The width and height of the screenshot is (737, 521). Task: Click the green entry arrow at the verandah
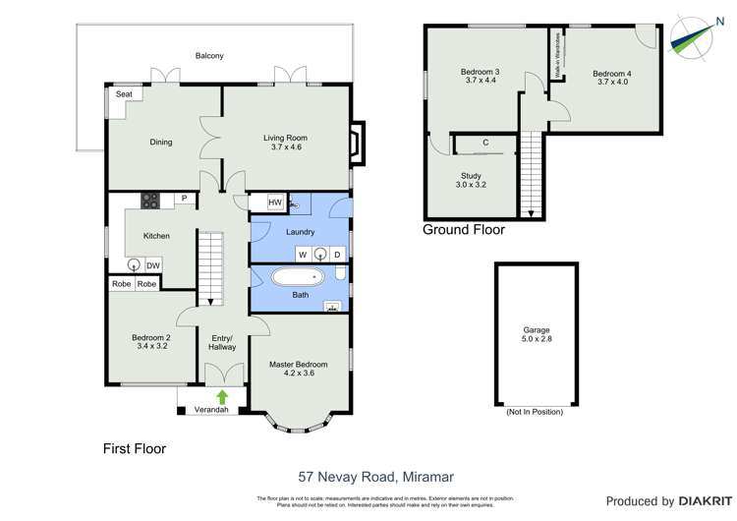click(x=222, y=397)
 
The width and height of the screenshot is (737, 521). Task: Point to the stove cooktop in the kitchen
click(x=151, y=200)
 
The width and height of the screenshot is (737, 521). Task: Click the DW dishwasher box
click(x=153, y=265)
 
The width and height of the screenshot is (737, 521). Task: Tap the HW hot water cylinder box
click(x=276, y=203)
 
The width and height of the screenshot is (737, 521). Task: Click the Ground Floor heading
click(x=463, y=230)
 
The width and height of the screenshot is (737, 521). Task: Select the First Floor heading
click(x=135, y=448)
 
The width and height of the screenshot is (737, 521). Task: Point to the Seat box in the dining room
click(x=124, y=95)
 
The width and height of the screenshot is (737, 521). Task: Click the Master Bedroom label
click(x=299, y=370)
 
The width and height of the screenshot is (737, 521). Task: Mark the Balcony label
click(x=209, y=56)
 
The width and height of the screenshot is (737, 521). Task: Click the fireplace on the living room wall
click(x=358, y=139)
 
